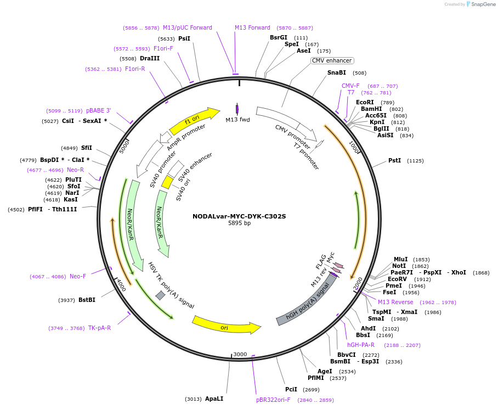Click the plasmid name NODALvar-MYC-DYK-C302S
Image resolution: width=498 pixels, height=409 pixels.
pyautogui.click(x=239, y=216)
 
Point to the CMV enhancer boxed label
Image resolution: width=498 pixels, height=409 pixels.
pyautogui.click(x=332, y=60)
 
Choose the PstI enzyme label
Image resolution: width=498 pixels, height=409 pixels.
pyautogui.click(x=395, y=161)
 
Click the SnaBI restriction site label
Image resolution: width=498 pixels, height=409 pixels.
pyautogui.click(x=337, y=72)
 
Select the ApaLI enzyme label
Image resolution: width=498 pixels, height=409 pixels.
pyautogui.click(x=214, y=399)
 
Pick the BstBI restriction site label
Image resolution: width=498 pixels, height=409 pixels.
pyautogui.click(x=87, y=300)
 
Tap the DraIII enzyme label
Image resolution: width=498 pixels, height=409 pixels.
pyautogui.click(x=150, y=58)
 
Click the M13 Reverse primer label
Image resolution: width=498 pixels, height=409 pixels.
pyautogui.click(x=395, y=302)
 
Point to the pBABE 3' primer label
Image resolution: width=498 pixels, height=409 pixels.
pyautogui.click(x=98, y=110)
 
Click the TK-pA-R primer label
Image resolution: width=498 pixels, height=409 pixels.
pyautogui.click(x=99, y=328)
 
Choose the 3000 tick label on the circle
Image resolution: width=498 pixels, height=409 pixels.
pyautogui.click(x=240, y=355)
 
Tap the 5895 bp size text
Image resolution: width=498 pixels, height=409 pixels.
pyautogui.click(x=239, y=223)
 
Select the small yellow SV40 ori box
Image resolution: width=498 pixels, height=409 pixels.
pyautogui.click(x=167, y=182)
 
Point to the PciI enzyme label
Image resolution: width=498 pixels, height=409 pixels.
pyautogui.click(x=291, y=389)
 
